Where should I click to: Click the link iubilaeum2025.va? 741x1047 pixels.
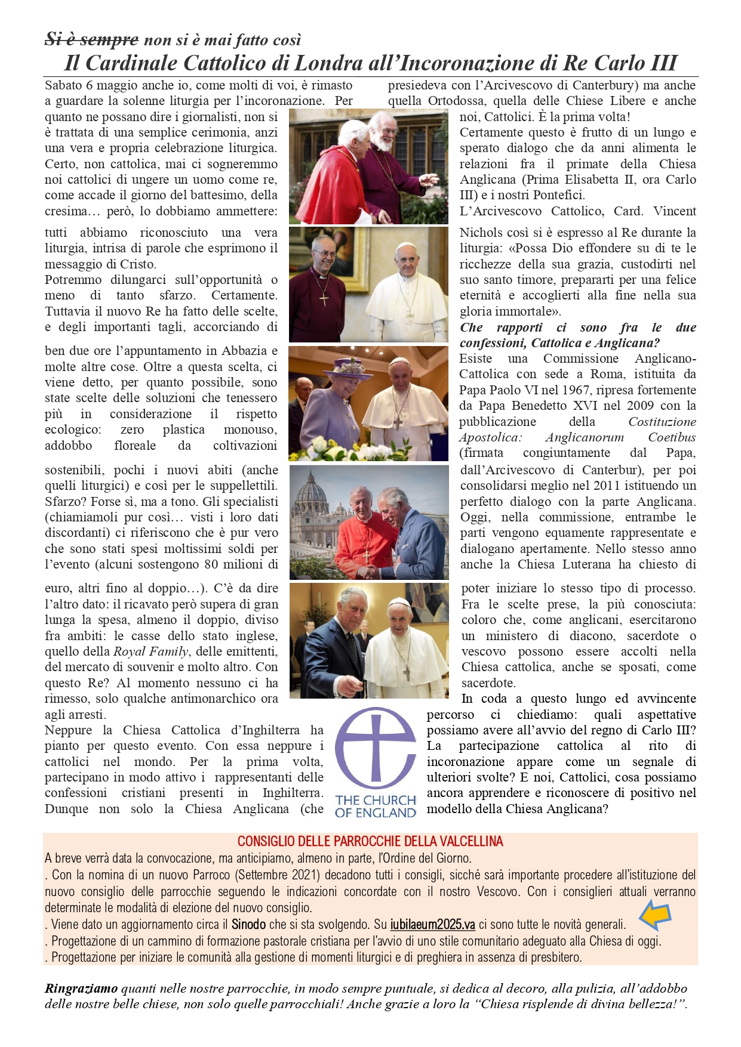point(432,925)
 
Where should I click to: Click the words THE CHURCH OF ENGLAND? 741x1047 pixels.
point(375,806)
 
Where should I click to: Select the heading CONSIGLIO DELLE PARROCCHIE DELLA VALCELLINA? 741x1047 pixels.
point(370,841)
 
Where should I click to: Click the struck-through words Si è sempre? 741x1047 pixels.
point(91,40)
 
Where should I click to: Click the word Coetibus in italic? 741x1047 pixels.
point(672,437)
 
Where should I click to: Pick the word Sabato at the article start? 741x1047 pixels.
point(63,85)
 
